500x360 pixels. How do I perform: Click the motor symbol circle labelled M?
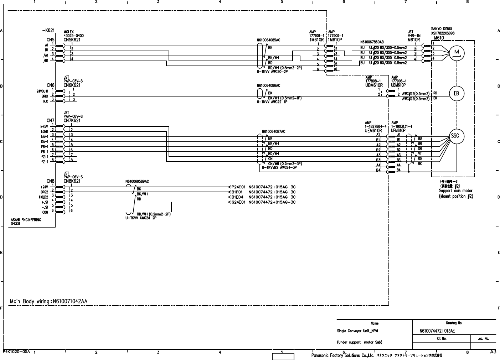click(457, 53)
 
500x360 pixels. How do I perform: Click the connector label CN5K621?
click(72, 40)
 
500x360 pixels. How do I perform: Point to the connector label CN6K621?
click(72, 85)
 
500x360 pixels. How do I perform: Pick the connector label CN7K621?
click(72, 121)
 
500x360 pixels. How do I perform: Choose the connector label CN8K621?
click(72, 181)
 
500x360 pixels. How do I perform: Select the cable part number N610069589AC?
click(137, 181)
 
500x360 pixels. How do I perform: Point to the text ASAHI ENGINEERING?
click(26, 220)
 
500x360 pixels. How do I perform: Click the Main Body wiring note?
click(48, 302)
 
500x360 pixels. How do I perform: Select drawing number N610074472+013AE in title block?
click(437, 331)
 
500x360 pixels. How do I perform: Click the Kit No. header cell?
click(442, 339)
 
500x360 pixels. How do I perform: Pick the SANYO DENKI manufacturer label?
click(442, 29)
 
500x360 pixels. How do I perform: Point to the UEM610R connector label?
click(373, 131)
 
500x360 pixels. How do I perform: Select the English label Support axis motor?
click(455, 191)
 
